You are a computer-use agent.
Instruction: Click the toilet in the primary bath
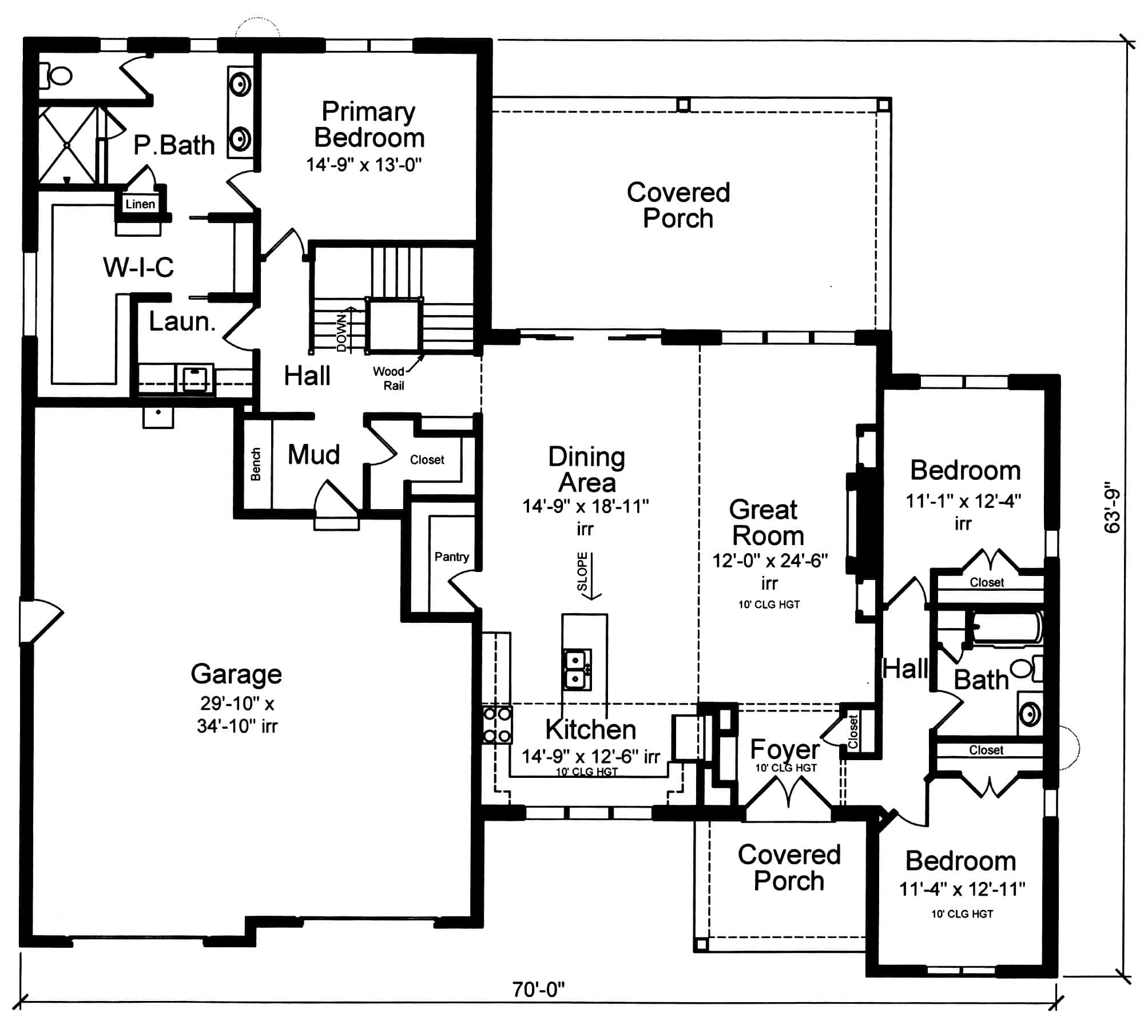58,76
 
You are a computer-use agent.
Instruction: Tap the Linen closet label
140,204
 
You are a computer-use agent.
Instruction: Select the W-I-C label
138,267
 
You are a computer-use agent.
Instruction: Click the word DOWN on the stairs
341,332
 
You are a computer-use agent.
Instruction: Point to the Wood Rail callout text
390,378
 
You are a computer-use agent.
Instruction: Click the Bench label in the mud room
256,463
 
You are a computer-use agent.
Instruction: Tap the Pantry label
451,557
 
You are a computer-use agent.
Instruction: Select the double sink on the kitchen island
577,669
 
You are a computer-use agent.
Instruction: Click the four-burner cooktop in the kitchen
496,725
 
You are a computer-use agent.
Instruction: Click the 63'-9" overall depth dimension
1111,510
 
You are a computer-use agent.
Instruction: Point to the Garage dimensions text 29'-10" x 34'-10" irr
237,714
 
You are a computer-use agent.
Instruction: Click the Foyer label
784,749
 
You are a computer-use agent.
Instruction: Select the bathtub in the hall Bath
1006,628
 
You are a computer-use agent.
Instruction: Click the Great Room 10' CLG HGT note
768,604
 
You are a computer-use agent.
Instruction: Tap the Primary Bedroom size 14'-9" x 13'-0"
364,165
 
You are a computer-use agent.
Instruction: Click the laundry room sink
194,378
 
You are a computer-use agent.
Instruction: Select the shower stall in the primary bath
67,145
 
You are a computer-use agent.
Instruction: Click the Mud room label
313,455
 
